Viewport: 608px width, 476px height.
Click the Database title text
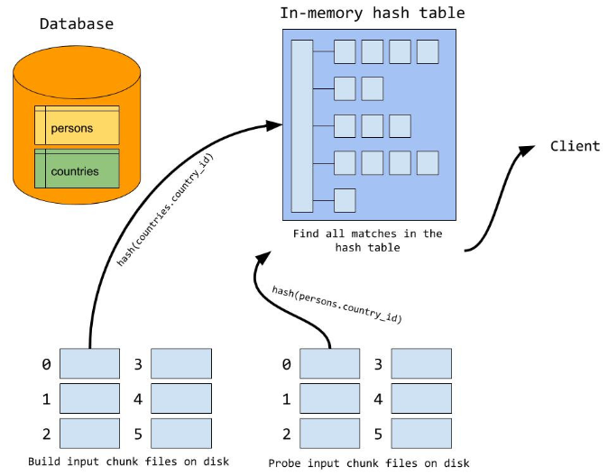pos(77,23)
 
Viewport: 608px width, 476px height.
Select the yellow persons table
pos(77,127)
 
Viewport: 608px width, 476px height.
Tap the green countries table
pos(77,170)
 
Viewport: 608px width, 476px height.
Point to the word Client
pos(575,146)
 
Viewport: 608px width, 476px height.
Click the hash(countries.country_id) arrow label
pos(167,209)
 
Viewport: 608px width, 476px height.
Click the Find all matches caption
pos(367,241)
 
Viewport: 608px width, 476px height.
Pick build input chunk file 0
pos(88,364)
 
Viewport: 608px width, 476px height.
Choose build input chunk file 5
pos(181,434)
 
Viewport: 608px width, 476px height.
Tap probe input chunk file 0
pos(329,364)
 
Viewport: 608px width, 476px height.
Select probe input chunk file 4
pos(422,398)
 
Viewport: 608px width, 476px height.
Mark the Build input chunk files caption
pos(128,462)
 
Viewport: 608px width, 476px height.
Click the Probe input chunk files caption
pos(368,462)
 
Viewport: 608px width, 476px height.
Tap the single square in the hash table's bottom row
pos(345,199)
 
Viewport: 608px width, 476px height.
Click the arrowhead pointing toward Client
pos(524,149)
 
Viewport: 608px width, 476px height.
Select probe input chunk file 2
pos(329,434)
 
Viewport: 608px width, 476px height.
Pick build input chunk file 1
pos(88,398)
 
